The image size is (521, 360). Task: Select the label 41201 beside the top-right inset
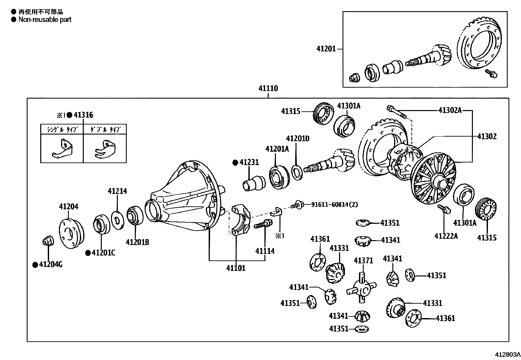point(326,49)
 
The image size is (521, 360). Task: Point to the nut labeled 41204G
point(48,241)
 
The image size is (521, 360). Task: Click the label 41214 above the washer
point(117,191)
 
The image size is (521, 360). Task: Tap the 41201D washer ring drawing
point(297,172)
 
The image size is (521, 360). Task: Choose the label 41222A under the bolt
point(446,236)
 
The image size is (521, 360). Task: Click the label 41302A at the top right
point(450,110)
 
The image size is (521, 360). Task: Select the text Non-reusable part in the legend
point(45,20)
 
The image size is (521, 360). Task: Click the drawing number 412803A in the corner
point(507,355)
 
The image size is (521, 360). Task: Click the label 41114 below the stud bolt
point(265,251)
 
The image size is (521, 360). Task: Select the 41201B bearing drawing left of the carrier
point(135,215)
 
